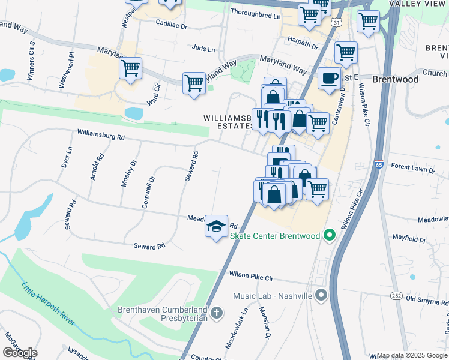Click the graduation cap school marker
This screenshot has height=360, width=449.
[x=216, y=227]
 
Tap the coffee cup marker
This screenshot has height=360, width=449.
[x=329, y=79]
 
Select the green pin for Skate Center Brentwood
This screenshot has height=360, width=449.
[x=328, y=236]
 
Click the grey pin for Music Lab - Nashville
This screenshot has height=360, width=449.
[x=321, y=295]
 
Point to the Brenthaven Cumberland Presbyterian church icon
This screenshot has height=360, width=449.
[x=217, y=313]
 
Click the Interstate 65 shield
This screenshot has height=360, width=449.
[x=378, y=164]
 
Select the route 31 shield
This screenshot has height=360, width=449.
[x=338, y=22]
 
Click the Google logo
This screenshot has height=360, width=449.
[x=20, y=353]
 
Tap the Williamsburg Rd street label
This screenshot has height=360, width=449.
[x=101, y=136]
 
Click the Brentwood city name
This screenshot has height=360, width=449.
[x=395, y=79]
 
